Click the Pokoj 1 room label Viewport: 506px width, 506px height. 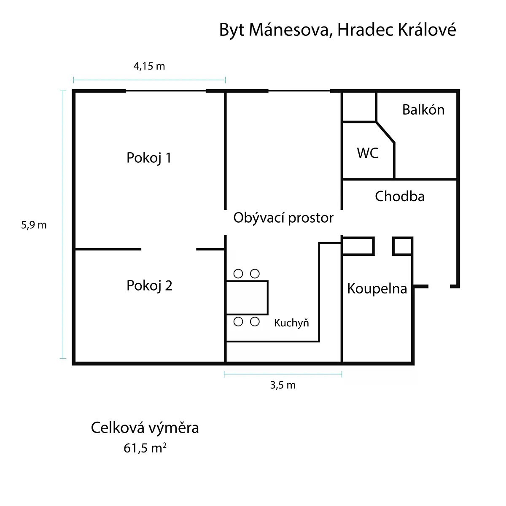point(149,158)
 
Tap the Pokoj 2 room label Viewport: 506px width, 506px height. point(149,286)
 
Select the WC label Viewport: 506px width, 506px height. point(367,153)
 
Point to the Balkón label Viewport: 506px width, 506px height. point(423,110)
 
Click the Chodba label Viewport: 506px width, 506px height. point(400,196)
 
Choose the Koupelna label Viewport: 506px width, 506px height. point(377,288)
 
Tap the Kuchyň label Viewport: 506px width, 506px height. point(291,323)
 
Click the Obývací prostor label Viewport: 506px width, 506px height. point(283,218)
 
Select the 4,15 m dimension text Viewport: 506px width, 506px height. point(149,66)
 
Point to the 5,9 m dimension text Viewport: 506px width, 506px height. point(34,225)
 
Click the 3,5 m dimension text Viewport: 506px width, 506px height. point(283,385)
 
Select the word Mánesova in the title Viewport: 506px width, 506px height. point(288,30)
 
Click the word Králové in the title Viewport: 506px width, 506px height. point(427,30)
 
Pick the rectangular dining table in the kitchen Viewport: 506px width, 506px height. point(247,298)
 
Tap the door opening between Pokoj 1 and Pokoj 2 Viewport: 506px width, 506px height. point(169,249)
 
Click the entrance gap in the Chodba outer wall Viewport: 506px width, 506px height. point(439,286)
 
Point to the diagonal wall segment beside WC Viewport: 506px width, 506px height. point(385,132)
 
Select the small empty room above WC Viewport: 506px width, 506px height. point(359,107)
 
